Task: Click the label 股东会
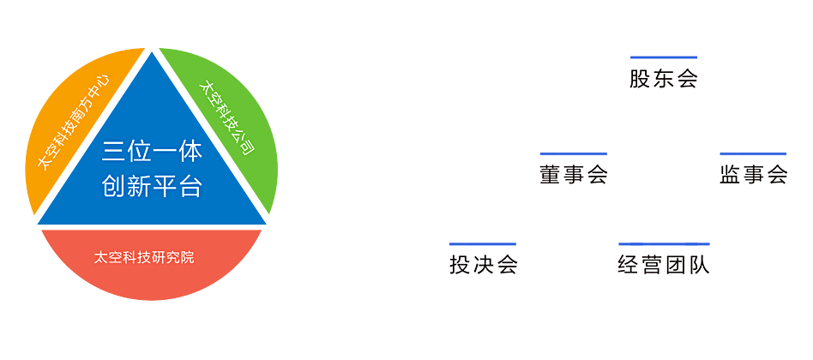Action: click(663, 80)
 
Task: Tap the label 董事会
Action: click(574, 174)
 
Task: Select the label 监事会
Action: click(753, 174)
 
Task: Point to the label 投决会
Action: click(484, 265)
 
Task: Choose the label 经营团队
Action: click(664, 265)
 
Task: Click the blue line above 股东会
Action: click(663, 58)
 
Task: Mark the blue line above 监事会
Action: click(753, 154)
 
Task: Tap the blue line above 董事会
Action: click(574, 154)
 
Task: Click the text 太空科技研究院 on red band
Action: click(144, 257)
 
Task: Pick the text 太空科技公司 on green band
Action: click(226, 117)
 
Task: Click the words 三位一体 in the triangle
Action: click(152, 153)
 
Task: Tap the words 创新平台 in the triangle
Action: click(152, 186)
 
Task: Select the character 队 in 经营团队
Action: click(699, 265)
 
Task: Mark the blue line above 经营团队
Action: click(664, 244)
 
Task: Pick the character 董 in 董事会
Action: click(551, 174)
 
